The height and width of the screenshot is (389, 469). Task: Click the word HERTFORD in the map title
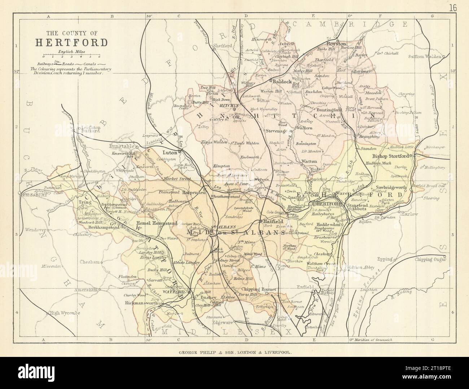[71, 42]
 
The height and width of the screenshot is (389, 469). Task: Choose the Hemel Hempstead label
[157, 223]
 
